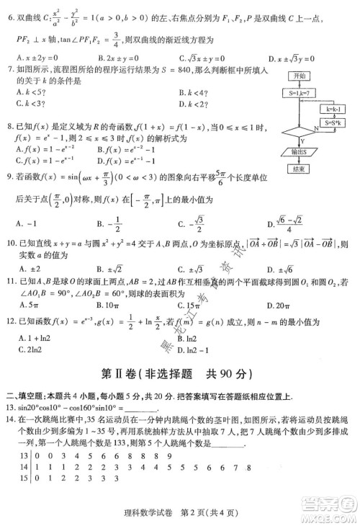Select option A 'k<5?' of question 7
point(28,91)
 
